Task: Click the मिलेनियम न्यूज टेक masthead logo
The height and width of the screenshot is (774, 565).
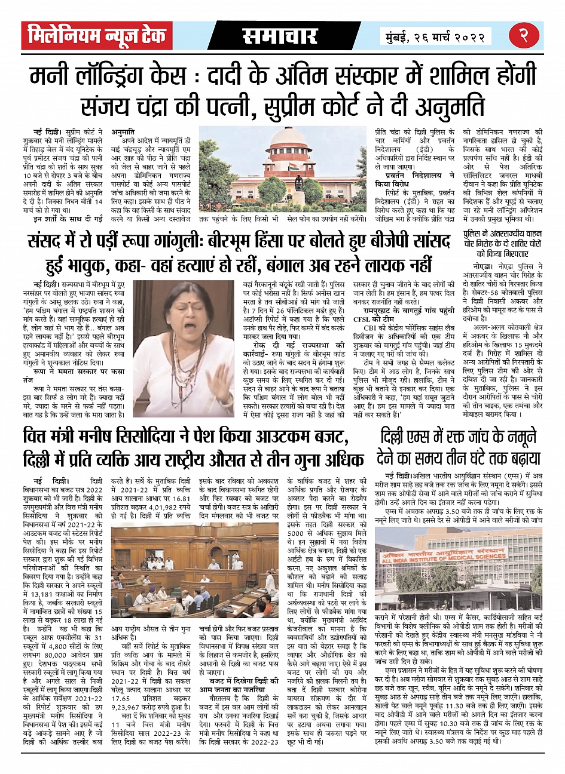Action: [x=97, y=36]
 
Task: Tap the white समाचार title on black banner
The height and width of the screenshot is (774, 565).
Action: [x=280, y=36]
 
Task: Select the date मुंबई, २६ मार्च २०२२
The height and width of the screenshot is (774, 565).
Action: [x=435, y=36]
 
